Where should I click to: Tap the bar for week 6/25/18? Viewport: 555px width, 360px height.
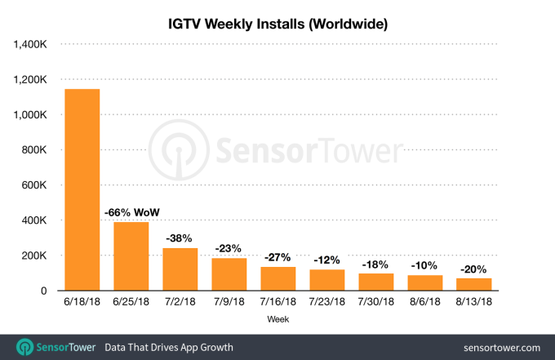(x=131, y=256)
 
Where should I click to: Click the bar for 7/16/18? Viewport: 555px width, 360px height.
(x=277, y=278)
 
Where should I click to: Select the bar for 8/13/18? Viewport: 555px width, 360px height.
(x=473, y=284)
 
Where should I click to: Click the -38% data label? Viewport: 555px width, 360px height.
(x=180, y=238)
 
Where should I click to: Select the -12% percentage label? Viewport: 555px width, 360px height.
(x=326, y=260)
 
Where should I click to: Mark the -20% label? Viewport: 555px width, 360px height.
(x=473, y=269)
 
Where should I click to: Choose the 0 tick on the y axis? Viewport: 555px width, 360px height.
(x=50, y=291)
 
